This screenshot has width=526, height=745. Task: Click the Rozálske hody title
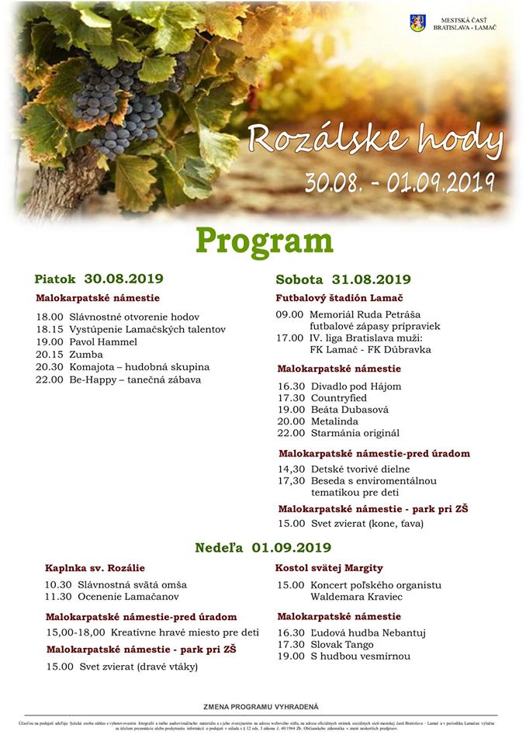pyautogui.click(x=375, y=140)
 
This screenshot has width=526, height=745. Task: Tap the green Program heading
pyautogui.click(x=264, y=241)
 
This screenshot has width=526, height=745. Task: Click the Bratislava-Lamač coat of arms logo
pyautogui.click(x=417, y=24)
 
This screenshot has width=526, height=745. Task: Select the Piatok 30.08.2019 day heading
pyautogui.click(x=99, y=279)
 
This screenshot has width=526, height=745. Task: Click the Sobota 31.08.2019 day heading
pyautogui.click(x=343, y=279)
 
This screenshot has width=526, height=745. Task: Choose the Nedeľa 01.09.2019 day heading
pyautogui.click(x=263, y=547)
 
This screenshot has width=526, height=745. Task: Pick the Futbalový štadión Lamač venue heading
pyautogui.click(x=339, y=298)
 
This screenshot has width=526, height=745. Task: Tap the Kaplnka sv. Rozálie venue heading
pyautogui.click(x=95, y=568)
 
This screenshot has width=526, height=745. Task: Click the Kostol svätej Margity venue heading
pyautogui.click(x=329, y=568)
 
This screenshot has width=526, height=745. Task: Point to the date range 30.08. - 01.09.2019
pyautogui.click(x=400, y=182)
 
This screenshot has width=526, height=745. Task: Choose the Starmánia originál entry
pyautogui.click(x=355, y=432)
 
